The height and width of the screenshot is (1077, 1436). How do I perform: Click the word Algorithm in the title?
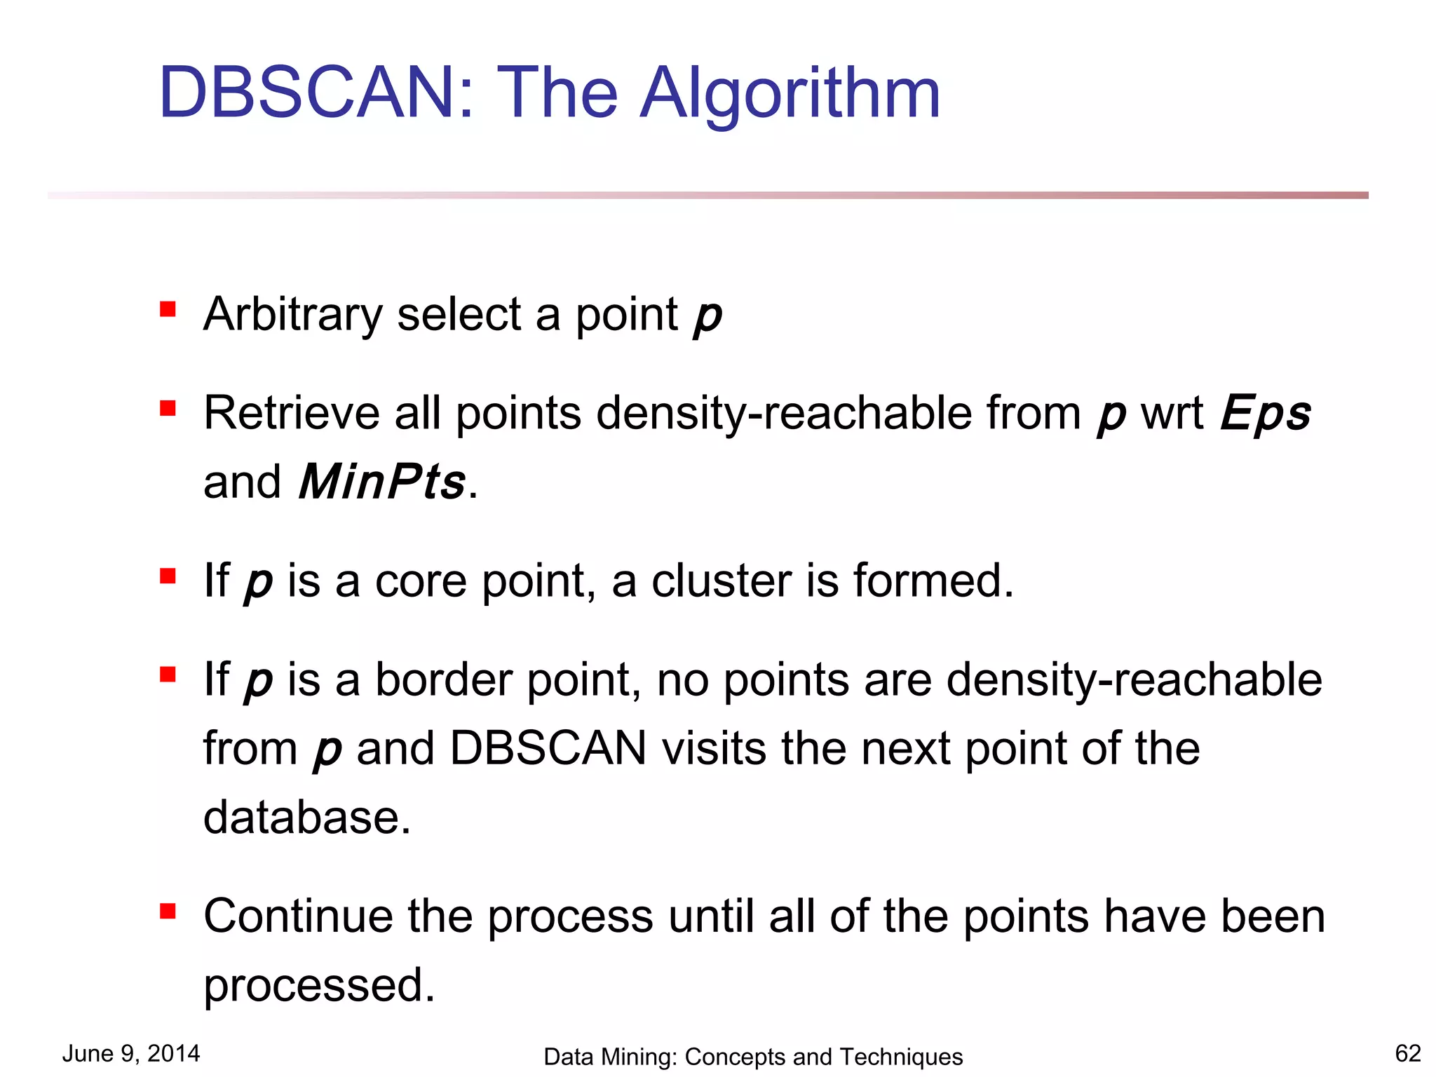coord(790,95)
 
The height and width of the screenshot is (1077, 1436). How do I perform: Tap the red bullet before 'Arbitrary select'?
coord(168,309)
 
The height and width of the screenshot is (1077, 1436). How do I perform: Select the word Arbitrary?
coord(292,315)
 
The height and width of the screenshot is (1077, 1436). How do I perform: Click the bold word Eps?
coord(1266,414)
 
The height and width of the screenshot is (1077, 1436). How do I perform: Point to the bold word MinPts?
coord(382,482)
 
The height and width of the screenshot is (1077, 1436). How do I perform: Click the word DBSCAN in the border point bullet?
coord(548,748)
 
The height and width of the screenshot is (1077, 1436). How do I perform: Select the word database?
coord(306,817)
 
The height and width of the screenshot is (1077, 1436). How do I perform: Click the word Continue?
coord(298,916)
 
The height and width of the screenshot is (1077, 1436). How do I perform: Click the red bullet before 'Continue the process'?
coord(168,911)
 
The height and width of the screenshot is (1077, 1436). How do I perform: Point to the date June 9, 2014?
coord(131,1053)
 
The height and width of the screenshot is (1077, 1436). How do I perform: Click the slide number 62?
coord(1407,1053)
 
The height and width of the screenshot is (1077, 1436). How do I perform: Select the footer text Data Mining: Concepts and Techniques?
coord(753,1057)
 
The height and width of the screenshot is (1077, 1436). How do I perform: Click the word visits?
coord(714,748)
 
